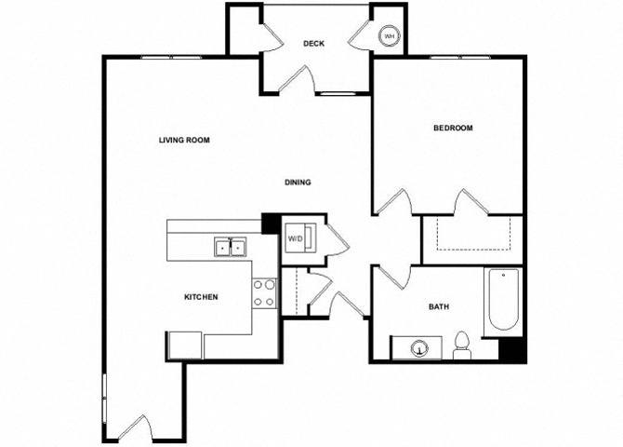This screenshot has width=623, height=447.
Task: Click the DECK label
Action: (313, 44)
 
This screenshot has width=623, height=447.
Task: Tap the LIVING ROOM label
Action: (184, 140)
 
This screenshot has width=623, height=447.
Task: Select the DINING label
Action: (298, 183)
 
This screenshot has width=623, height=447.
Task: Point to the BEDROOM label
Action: (453, 128)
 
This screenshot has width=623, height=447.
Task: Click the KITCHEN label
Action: (201, 297)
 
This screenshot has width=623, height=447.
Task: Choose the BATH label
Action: (439, 306)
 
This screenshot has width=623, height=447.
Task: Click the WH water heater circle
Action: (390, 36)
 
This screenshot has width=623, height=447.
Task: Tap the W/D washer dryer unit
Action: (300, 238)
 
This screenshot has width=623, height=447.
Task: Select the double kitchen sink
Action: (230, 247)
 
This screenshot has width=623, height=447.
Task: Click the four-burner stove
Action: (265, 293)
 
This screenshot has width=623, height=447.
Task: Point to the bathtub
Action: (503, 299)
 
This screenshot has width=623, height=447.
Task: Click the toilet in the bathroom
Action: (462, 345)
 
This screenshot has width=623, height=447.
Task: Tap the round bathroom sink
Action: (419, 348)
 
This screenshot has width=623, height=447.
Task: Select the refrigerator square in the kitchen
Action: (186, 345)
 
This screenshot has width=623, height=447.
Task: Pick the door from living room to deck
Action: (297, 79)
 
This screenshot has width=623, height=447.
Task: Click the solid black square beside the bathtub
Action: (511, 349)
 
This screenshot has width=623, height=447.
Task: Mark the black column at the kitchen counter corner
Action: (271, 223)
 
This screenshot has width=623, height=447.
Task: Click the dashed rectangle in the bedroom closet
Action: (473, 234)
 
